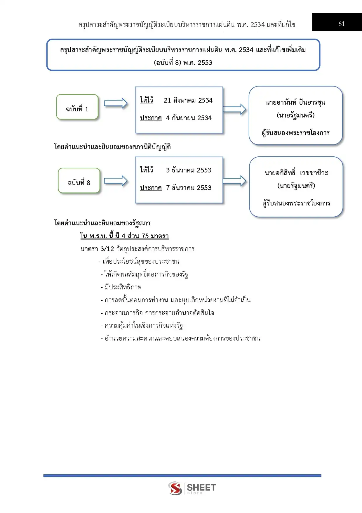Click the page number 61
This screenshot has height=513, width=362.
(341, 24)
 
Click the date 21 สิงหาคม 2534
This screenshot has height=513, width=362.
(188, 101)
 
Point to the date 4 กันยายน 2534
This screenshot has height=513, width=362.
(189, 118)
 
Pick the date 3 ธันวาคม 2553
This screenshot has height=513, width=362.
(189, 170)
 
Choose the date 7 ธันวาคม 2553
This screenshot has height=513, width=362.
(189, 188)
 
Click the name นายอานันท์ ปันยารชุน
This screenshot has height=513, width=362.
(295, 102)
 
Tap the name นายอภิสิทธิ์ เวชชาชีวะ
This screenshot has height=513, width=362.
(296, 173)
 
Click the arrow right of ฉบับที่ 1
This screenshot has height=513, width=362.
(116, 103)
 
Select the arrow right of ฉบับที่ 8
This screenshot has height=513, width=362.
(116, 181)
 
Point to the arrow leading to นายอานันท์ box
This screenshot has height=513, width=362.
(234, 109)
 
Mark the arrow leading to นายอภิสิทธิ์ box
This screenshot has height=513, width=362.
(234, 181)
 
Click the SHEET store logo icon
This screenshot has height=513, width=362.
(175, 488)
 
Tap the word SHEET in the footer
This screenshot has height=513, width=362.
(201, 487)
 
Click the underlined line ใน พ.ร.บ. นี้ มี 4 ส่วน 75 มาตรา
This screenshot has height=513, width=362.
(124, 236)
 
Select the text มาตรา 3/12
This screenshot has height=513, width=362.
(97, 249)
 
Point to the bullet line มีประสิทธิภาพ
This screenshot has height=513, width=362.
(123, 287)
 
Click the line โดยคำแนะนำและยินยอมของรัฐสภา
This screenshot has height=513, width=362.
(102, 223)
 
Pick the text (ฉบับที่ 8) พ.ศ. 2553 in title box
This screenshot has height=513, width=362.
(183, 63)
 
